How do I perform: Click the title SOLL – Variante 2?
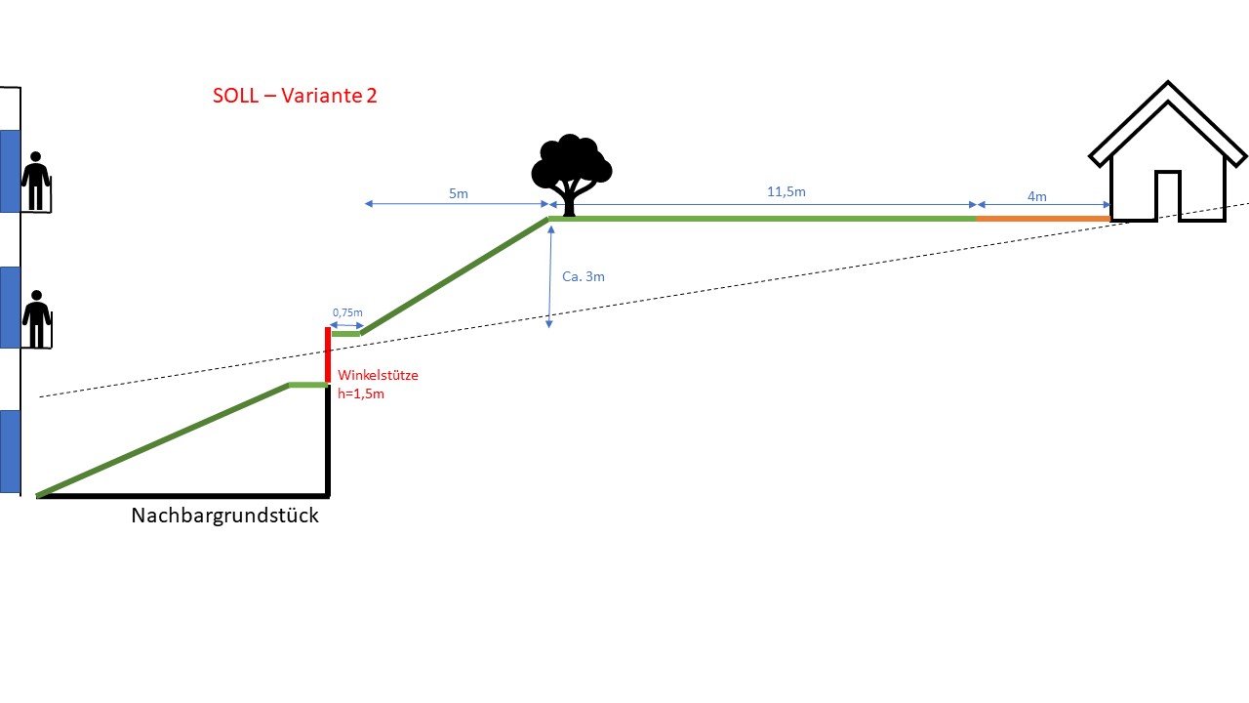coord(295,96)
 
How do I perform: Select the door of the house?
coord(1167,195)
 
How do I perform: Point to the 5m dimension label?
coord(459,193)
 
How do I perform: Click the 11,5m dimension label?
coord(786,191)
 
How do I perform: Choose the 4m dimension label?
coord(1036,196)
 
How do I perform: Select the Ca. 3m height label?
coord(584,276)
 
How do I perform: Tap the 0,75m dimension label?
coord(346,312)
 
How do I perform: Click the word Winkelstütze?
coord(378,375)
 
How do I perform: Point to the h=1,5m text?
coord(360,393)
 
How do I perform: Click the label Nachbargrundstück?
coord(224,516)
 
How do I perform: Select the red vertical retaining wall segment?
coord(328,356)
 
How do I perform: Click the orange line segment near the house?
coord(1042,219)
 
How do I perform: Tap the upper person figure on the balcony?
coord(36,181)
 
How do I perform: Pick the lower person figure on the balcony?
coord(37,318)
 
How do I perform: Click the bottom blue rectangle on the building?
coord(10,451)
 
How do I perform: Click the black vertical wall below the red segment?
coord(328,439)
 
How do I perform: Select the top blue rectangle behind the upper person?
coord(10,171)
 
